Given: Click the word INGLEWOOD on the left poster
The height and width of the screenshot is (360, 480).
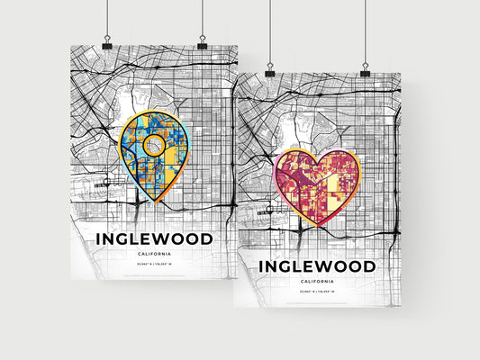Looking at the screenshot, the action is (153, 239).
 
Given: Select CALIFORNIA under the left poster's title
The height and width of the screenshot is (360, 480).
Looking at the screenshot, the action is (153, 253).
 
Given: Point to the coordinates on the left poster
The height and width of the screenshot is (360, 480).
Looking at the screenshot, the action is (153, 264).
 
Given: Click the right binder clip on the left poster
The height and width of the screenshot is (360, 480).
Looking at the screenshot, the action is (202, 43).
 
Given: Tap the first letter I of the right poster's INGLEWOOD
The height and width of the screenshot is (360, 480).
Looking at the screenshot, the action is (263, 267).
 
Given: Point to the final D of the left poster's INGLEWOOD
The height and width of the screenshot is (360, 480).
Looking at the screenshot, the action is (206, 239).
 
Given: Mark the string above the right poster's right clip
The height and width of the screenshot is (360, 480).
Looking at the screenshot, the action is (366, 31).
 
